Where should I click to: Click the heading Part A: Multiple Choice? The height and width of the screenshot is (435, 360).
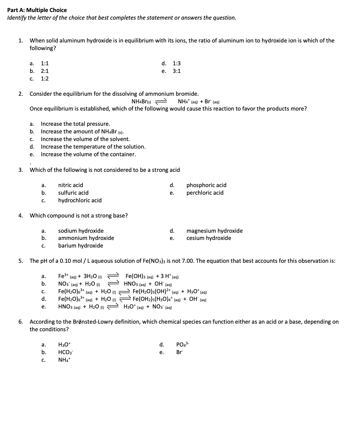tap(37, 10)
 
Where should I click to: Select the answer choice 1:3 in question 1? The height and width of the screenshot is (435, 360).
tap(176, 63)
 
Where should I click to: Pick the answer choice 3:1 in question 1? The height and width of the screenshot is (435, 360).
tap(176, 71)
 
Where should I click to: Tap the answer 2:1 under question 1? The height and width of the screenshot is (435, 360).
tap(45, 71)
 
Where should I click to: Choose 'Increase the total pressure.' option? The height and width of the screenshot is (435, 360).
tap(75, 124)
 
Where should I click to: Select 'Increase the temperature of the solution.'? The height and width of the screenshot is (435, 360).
tap(93, 147)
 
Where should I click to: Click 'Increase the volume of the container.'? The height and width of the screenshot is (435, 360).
tap(88, 154)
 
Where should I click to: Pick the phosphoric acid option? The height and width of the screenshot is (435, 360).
tap(206, 185)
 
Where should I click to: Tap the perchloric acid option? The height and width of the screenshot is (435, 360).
tap(205, 193)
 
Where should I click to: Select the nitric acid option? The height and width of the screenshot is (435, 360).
tap(71, 185)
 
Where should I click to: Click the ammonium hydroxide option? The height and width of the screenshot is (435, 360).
tap(86, 238)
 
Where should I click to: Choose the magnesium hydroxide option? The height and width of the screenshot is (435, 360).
tap(214, 231)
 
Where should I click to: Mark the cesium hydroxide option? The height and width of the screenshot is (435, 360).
tap(208, 238)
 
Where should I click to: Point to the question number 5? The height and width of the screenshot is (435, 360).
tap(20, 261)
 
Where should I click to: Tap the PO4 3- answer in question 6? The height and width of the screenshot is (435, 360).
tap(181, 344)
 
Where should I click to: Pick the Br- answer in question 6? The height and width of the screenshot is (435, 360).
tap(179, 352)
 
